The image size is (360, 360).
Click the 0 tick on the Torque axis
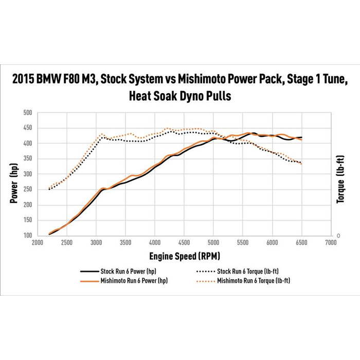coord(337,236)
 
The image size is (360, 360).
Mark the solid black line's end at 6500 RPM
coord(302,137)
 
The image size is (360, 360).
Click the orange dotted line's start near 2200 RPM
coord(49,188)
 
